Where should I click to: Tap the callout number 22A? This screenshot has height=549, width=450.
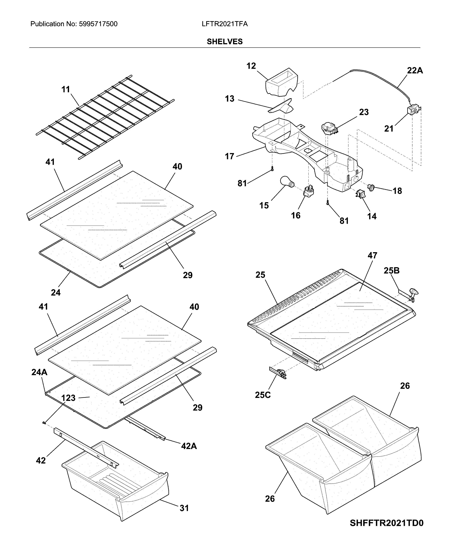coord(415,71)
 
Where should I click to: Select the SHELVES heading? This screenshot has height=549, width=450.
coord(225,41)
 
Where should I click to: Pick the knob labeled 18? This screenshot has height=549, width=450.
coord(371,187)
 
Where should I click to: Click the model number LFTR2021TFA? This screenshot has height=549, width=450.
coord(225,24)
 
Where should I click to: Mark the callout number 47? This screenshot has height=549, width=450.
coord(372,256)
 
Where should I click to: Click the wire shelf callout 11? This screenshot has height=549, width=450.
coord(66,89)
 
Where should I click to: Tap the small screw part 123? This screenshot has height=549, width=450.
coord(44,423)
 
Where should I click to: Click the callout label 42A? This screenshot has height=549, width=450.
coord(189,446)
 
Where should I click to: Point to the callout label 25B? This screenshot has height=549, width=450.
coord(392,271)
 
